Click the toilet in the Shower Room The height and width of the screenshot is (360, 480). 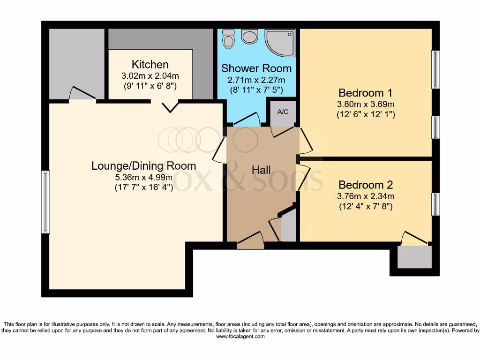tap(228, 39)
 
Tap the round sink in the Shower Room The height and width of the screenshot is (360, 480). tap(249, 36)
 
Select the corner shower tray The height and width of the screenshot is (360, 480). tap(280, 43)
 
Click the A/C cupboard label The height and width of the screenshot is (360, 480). tap(283, 112)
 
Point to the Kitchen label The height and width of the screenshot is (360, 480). tap(150, 64)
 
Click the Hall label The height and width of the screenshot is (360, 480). tap(261, 170)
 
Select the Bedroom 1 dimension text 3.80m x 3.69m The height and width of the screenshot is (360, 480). tap(366, 104)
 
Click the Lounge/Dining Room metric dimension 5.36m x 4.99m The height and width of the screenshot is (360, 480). tap(144, 177)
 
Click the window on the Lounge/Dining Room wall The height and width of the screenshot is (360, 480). tap(45, 202)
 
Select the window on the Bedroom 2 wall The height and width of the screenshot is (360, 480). tap(435, 204)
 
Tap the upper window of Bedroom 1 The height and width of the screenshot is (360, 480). tap(435, 69)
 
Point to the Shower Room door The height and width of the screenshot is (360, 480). tap(247, 119)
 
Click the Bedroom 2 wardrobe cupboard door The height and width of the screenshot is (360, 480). tap(415, 238)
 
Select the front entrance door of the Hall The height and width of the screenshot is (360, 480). tap(250, 241)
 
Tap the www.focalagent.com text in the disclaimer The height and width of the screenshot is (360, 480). tap(240, 337)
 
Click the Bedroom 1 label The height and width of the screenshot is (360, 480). tap(366, 92)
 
